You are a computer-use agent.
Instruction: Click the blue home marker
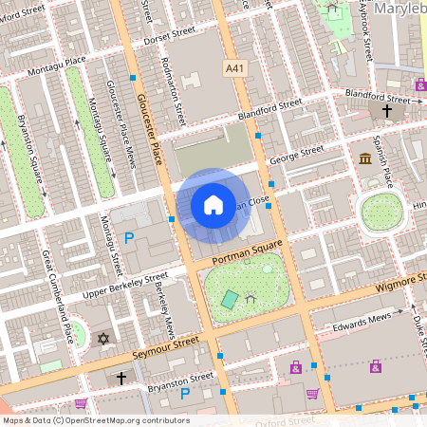click(213, 204)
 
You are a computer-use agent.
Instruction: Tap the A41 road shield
click(234, 68)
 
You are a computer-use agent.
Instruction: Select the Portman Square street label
click(250, 252)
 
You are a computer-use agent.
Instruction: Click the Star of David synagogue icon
click(102, 339)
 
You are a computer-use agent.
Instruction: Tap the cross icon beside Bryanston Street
click(121, 378)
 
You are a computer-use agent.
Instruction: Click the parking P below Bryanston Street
click(185, 393)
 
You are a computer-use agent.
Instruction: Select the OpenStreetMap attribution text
click(95, 420)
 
